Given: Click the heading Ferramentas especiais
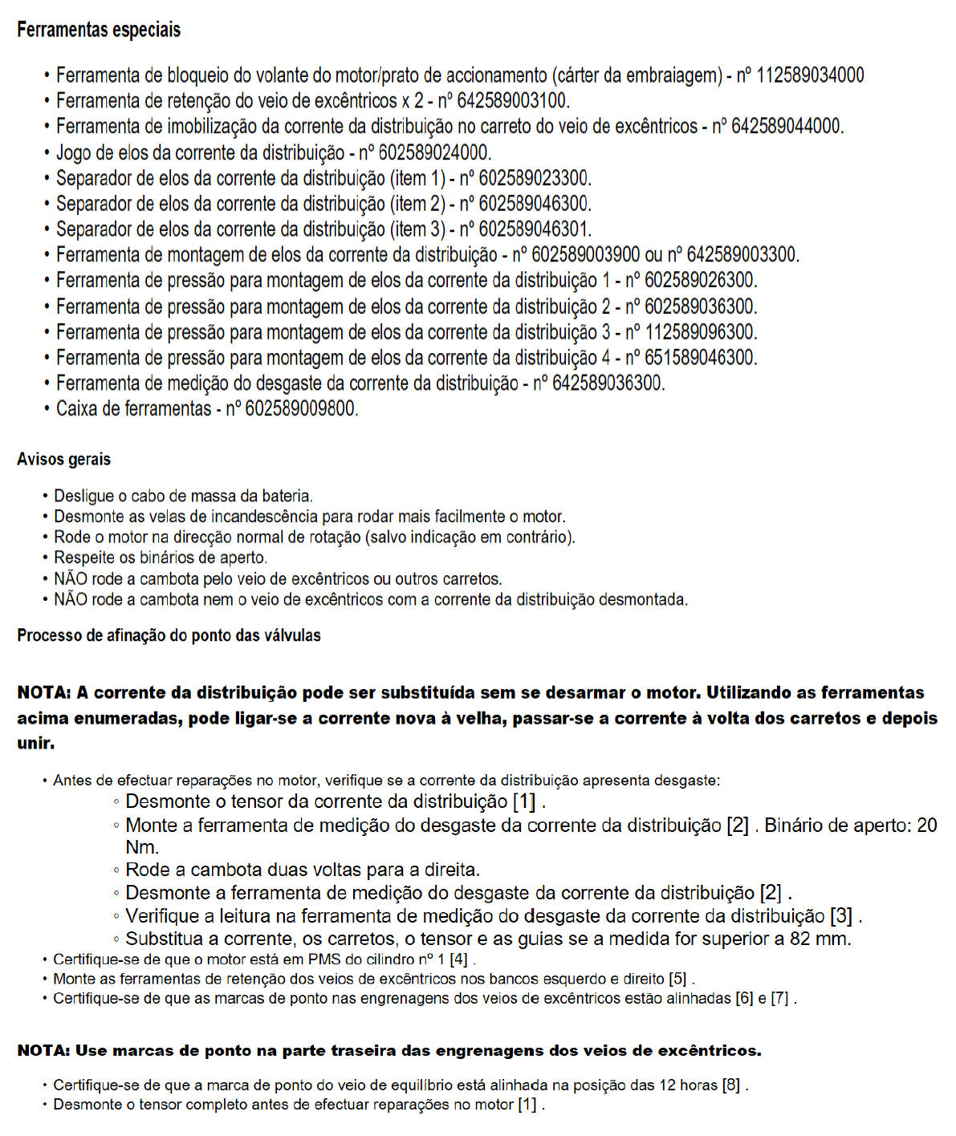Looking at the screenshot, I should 99,30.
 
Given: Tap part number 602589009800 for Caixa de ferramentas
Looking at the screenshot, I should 300,409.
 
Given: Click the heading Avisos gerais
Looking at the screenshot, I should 63,460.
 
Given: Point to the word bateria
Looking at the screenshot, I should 287,497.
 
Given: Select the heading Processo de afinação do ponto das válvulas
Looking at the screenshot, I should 169,635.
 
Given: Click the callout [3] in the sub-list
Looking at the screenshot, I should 842,915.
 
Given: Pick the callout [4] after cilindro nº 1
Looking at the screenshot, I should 458,960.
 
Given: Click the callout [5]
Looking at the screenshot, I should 678,980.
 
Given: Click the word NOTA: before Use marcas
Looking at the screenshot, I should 44,1050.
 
